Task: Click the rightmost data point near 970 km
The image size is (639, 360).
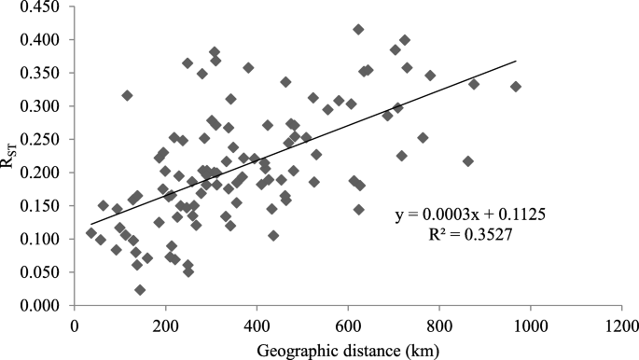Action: [x=516, y=87]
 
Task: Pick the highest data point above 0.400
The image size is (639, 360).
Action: [x=358, y=30]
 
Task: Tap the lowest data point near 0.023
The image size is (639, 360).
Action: [x=140, y=290]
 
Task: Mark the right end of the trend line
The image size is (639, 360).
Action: [x=516, y=62]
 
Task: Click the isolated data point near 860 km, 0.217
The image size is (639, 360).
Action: [x=468, y=161]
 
